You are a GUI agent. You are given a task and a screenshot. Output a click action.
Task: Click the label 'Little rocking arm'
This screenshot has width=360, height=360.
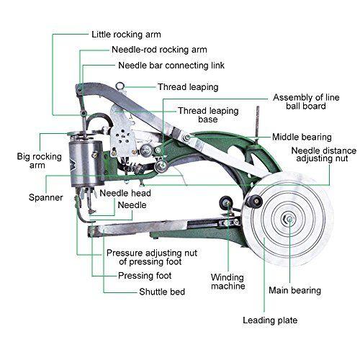126,35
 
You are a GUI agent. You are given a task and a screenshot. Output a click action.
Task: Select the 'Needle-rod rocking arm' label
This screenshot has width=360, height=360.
159,50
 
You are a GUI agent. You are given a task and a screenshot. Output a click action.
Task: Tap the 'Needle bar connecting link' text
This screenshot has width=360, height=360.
171,66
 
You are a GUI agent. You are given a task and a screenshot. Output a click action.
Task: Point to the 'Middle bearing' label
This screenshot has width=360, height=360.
302,137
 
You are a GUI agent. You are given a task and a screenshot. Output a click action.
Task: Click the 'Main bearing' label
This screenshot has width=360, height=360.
294,290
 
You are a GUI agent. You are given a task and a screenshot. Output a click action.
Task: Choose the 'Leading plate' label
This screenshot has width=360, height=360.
270,320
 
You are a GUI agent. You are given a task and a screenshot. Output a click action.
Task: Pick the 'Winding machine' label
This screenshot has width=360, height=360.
228,282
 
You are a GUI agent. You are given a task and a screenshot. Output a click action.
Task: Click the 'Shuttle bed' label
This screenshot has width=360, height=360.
162,292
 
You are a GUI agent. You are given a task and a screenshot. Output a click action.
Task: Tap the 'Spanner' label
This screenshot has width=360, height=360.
46,198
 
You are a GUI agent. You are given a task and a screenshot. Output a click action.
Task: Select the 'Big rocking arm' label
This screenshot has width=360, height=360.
40,161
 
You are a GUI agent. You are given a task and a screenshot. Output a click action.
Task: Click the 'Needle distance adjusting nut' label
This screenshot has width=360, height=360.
324,154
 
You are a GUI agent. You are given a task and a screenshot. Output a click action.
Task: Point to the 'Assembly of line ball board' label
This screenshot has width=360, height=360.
306,102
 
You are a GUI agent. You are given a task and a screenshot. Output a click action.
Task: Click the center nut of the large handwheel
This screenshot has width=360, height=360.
288,219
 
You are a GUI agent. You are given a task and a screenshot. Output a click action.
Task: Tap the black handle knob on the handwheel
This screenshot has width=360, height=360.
254,201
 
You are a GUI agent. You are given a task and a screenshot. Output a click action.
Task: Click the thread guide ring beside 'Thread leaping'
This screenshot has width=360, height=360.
120,86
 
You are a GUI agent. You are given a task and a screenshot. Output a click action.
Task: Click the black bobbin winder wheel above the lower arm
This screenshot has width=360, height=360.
226,202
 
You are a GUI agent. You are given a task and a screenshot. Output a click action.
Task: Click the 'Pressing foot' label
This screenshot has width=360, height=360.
145,276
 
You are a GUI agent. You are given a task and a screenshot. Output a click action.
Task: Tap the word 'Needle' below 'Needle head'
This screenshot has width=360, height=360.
132,205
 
